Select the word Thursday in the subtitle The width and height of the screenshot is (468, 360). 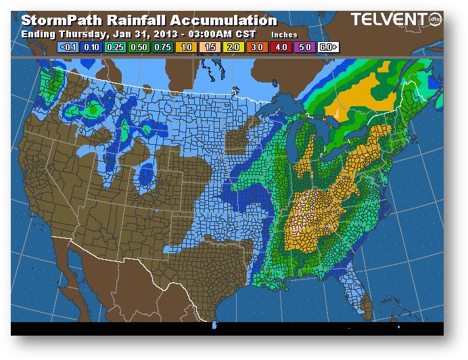click(x=81, y=34)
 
